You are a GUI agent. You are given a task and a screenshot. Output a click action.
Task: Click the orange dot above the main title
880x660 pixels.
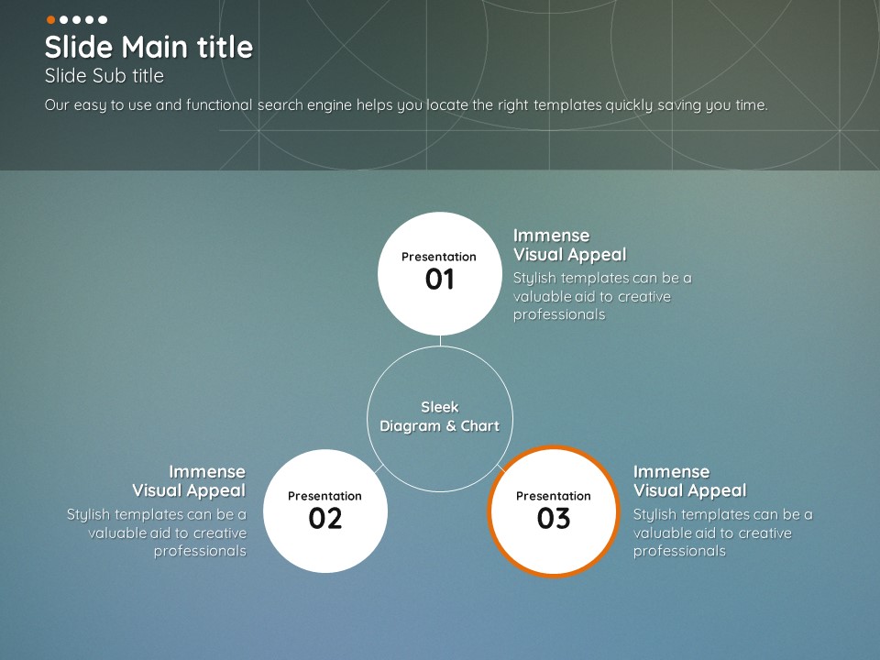pos(50,19)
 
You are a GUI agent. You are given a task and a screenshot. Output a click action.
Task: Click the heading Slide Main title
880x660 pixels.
pos(148,47)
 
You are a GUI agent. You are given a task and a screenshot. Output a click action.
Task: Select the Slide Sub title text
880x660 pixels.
pos(104,76)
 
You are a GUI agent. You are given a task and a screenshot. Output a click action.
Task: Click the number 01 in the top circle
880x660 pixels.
pos(439,279)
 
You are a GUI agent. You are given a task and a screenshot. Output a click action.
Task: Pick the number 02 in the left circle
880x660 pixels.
pos(324,518)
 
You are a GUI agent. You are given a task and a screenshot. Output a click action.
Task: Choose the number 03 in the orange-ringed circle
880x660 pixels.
pos(554,518)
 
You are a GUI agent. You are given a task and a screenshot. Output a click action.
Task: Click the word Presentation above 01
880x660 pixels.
pos(439,257)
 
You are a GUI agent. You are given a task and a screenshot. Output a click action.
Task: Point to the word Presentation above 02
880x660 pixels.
pos(324,496)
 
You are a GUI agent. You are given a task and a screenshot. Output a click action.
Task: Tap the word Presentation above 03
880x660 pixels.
pos(554,496)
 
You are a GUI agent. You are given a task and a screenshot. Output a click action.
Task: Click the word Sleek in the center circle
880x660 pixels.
pos(440,407)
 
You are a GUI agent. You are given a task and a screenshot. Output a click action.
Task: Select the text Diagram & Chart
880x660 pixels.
pos(439,426)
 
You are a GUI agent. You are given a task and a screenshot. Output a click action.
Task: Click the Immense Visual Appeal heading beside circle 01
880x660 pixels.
pos(569,246)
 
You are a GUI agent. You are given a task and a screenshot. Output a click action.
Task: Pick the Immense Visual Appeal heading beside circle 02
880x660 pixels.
pos(189,481)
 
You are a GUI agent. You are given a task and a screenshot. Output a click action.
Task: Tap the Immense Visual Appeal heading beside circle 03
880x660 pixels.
pos(689,481)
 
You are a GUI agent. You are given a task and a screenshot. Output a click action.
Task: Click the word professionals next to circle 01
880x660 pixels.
pos(559,314)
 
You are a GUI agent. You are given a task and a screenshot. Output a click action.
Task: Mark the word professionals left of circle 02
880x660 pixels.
pos(201,551)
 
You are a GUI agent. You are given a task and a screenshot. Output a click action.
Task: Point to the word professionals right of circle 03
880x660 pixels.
pos(679,551)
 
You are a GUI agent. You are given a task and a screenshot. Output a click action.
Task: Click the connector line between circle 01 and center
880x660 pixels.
pos(441,341)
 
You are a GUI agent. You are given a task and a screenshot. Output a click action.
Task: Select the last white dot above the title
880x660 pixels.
pos(103,19)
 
